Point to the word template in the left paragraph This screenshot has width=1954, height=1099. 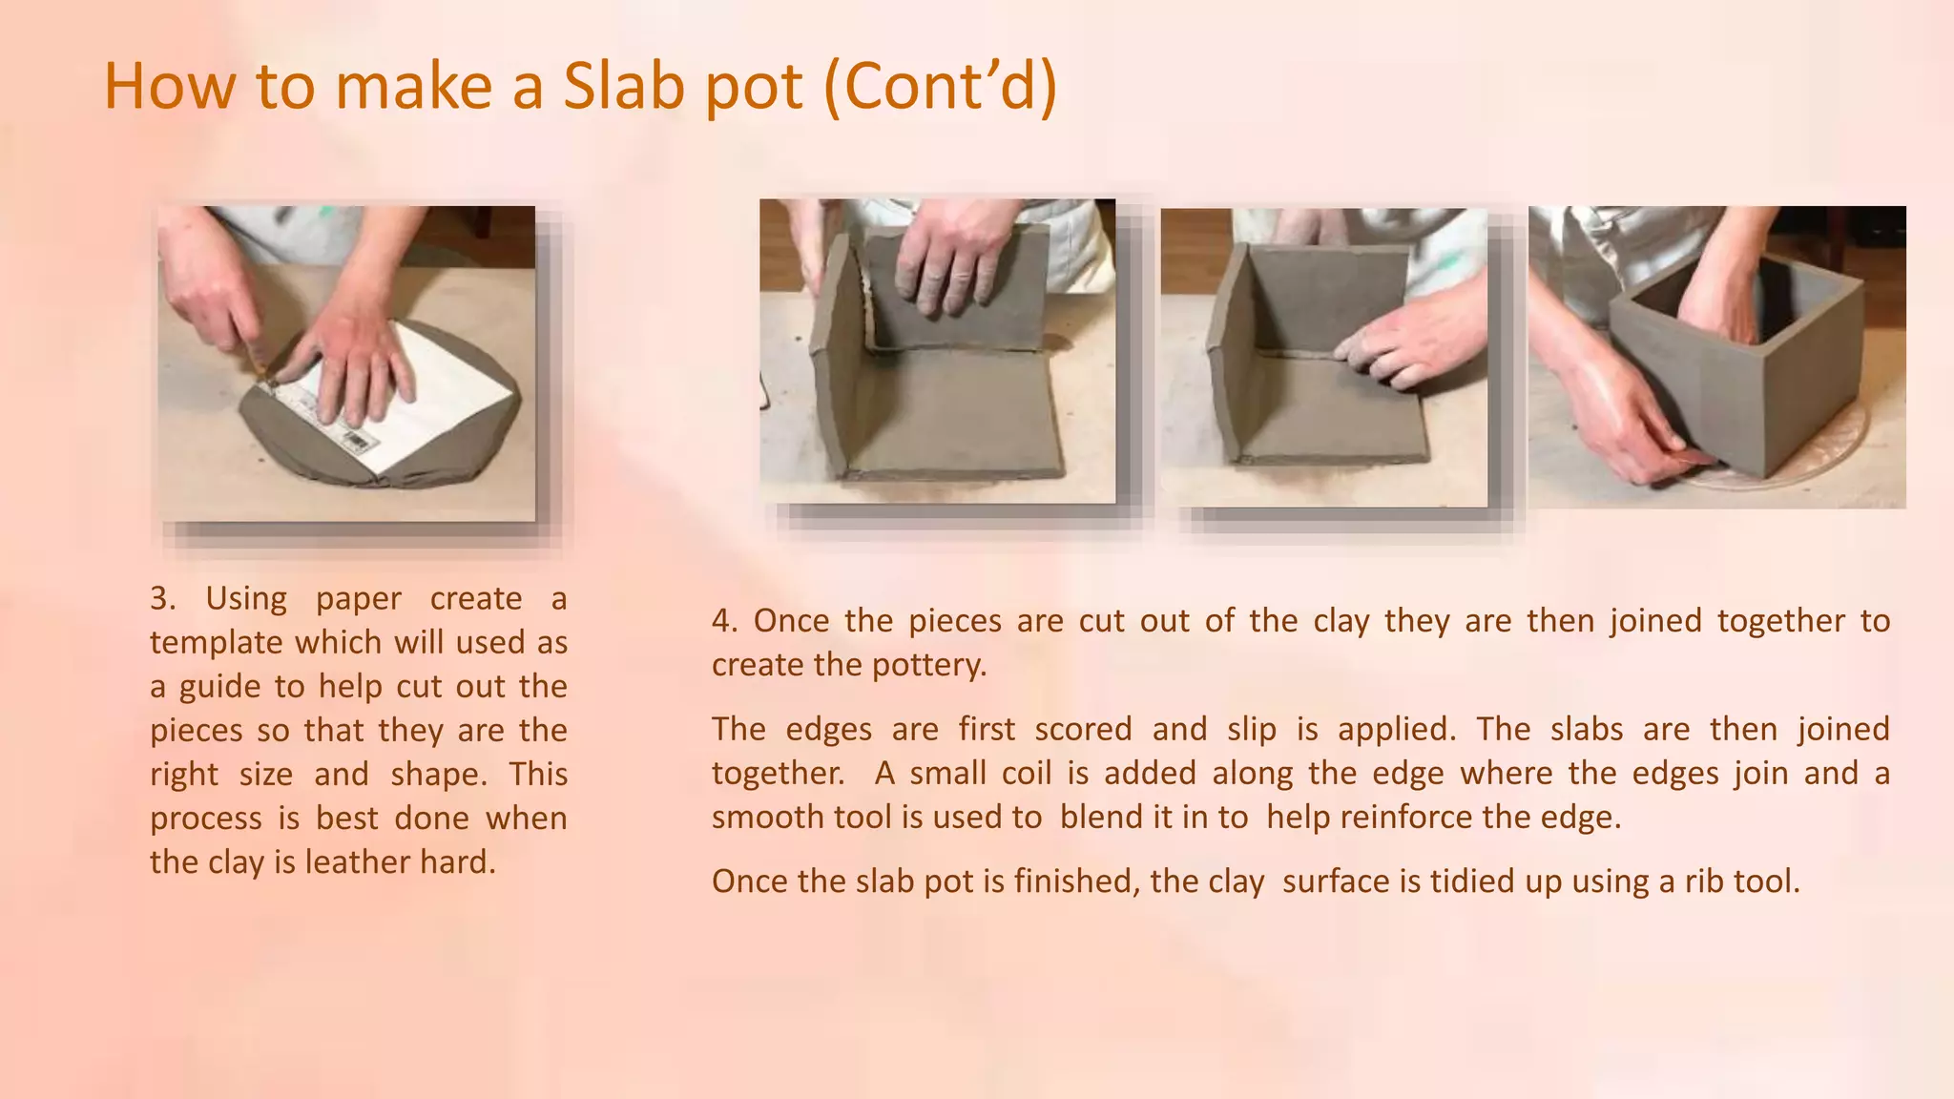tap(216, 642)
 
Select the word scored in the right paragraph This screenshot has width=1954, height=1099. tap(1083, 729)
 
